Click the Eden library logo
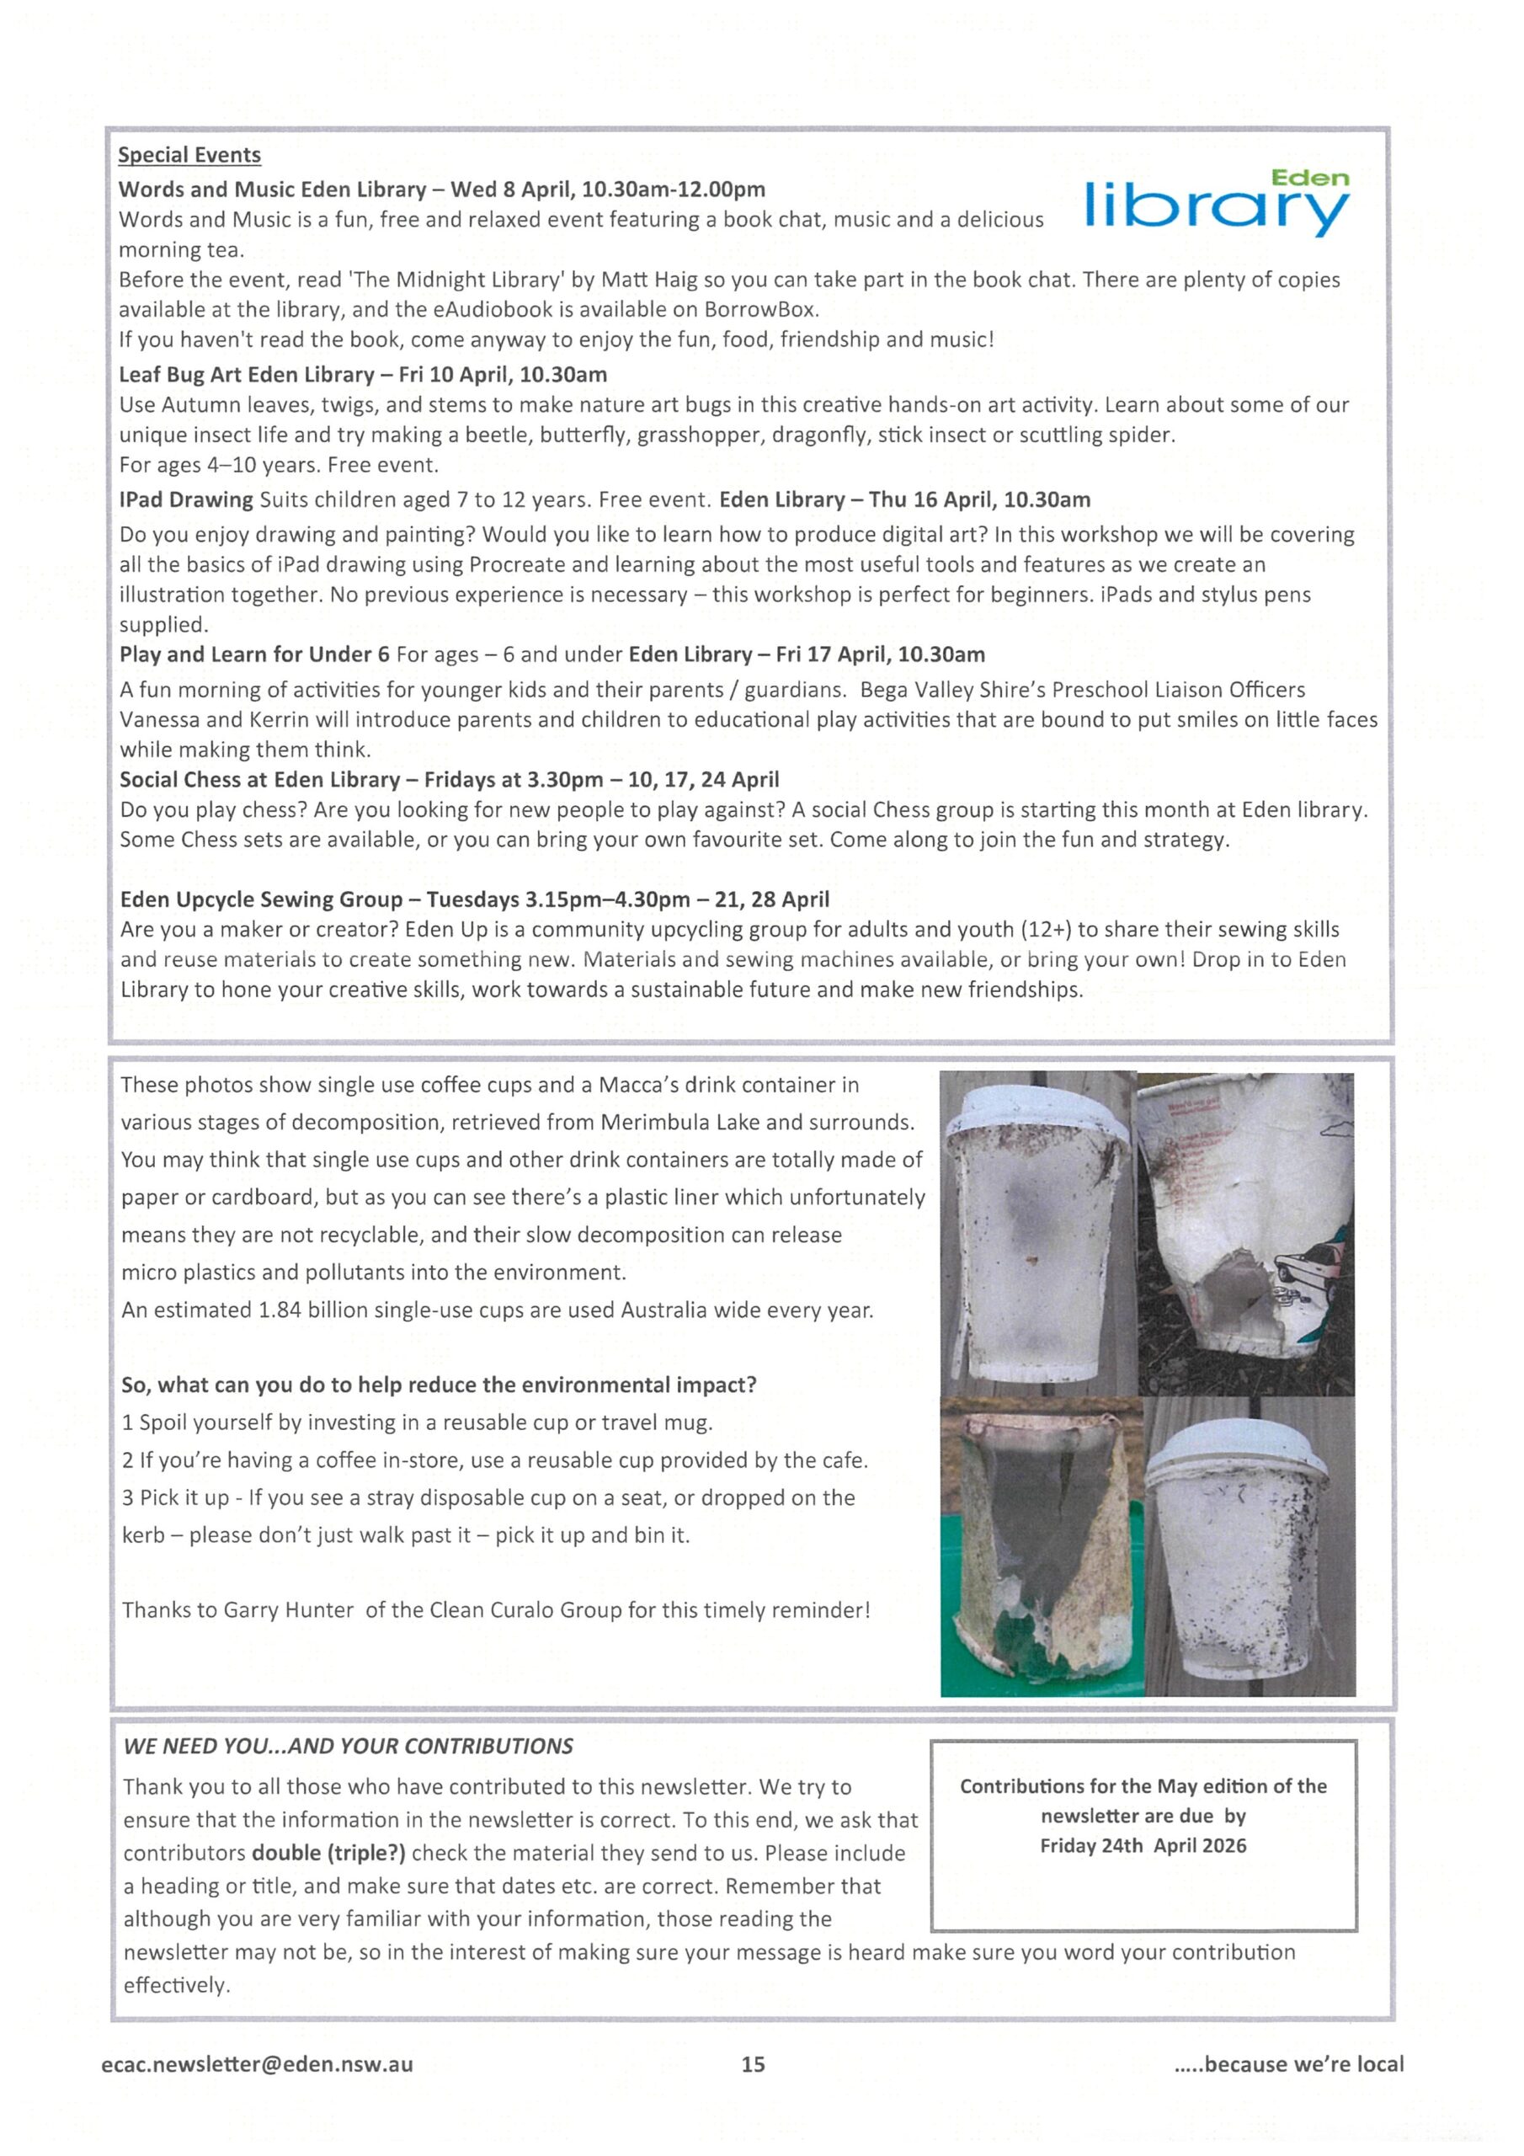(x=1217, y=203)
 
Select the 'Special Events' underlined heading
(x=189, y=155)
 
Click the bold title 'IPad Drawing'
(x=186, y=499)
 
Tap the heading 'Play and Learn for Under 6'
(x=254, y=654)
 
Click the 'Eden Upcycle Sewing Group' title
(x=261, y=899)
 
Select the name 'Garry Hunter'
(x=288, y=1610)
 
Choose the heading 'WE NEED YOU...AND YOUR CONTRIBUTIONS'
(x=348, y=1747)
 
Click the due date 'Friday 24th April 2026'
(x=1143, y=1846)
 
